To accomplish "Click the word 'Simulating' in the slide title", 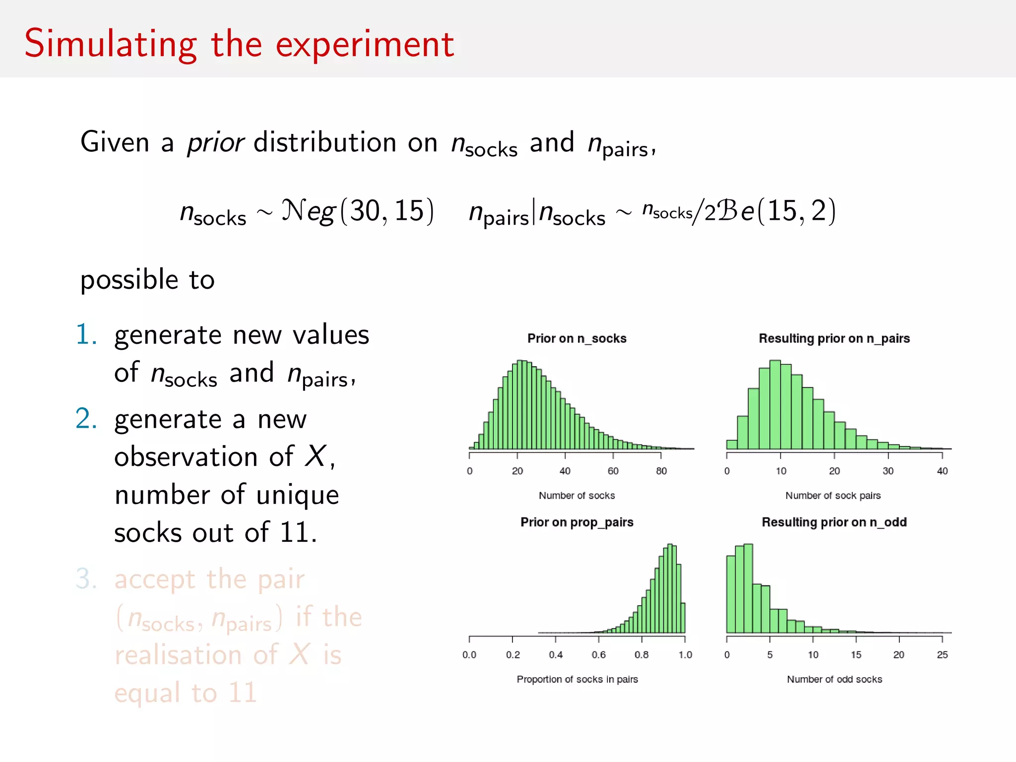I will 110,45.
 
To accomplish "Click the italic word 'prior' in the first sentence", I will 215,143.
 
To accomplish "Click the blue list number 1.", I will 86,334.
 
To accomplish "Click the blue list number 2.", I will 86,419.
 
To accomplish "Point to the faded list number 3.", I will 86,579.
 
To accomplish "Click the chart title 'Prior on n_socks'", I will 576,338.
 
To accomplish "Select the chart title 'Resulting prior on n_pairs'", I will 834,338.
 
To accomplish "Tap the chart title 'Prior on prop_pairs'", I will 576,522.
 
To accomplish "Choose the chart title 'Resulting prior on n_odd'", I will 834,522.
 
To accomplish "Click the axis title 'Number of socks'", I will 576,495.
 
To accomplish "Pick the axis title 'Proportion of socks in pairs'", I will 577,679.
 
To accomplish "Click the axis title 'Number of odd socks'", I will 834,679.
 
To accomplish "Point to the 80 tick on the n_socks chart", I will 661,471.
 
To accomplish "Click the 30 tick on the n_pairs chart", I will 888,471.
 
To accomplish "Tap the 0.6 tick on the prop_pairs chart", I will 598,655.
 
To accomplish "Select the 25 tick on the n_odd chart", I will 942,655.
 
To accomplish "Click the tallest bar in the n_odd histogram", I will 748,588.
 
